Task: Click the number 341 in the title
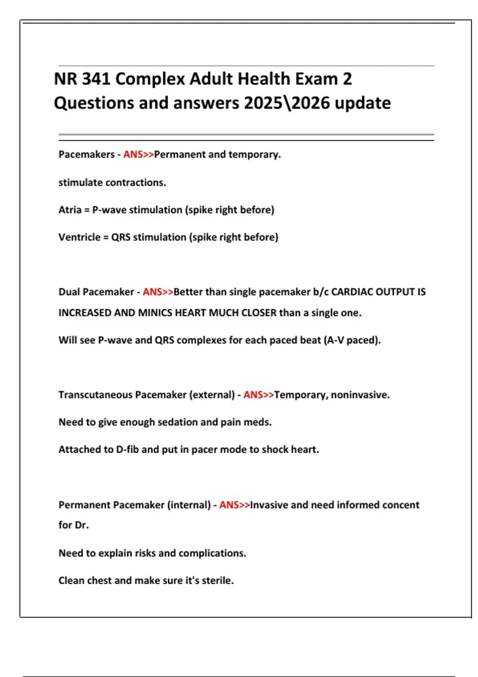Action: pyautogui.click(x=96, y=79)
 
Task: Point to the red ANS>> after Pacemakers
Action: pyautogui.click(x=138, y=155)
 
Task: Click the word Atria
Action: pyautogui.click(x=70, y=210)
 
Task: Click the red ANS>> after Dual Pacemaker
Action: pyautogui.click(x=158, y=292)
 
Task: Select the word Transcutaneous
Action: pyautogui.click(x=95, y=395)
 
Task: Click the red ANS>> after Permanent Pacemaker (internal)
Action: pyautogui.click(x=234, y=505)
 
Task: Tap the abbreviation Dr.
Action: pyautogui.click(x=82, y=525)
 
